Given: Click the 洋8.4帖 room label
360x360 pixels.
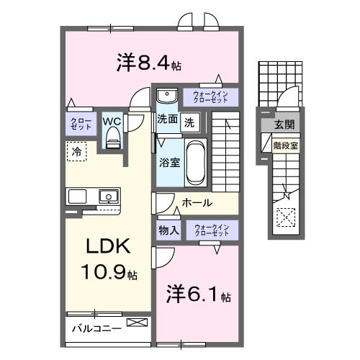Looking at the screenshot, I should tap(148, 63).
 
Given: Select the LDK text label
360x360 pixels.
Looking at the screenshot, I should tap(108, 248).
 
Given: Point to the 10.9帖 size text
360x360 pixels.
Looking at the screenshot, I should tap(109, 273).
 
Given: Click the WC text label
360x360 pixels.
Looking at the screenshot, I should tap(112, 121).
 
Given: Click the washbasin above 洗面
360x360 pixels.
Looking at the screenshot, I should tap(166, 96).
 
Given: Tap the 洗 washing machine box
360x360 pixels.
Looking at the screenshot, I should tap(189, 122).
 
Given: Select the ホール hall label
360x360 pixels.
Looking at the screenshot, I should tap(197, 203).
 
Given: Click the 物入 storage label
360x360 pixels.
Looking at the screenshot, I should tap(168, 230).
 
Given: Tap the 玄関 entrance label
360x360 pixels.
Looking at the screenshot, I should tap(283, 125).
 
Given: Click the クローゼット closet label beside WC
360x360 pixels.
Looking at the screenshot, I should tap(78, 123).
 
